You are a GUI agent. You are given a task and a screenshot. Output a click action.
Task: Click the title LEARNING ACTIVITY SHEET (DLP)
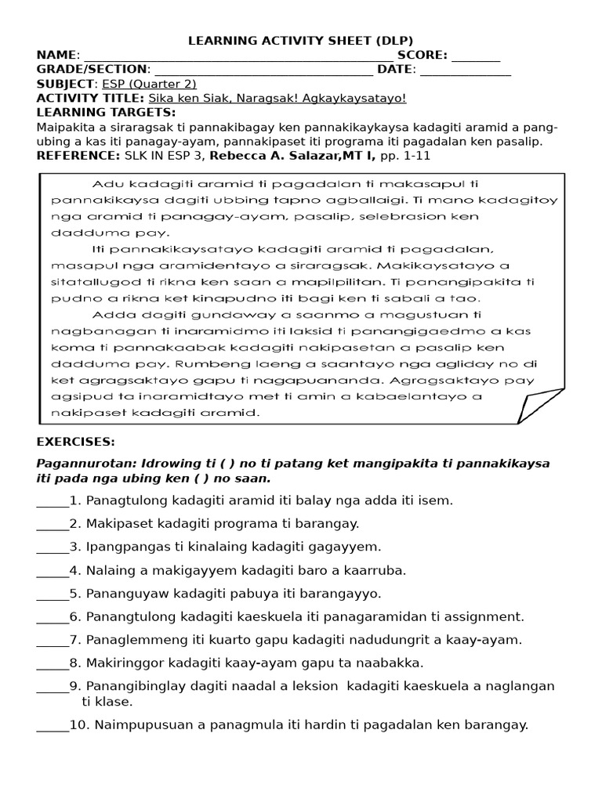tap(300, 41)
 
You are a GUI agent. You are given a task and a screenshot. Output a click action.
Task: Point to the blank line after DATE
tap(466, 71)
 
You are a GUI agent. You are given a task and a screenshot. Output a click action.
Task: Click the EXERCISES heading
tap(75, 443)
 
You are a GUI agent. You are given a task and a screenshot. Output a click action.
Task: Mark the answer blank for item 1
tap(53, 502)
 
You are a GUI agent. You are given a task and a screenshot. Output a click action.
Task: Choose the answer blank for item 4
tap(53, 572)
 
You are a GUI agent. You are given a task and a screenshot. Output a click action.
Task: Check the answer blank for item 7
tap(53, 641)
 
